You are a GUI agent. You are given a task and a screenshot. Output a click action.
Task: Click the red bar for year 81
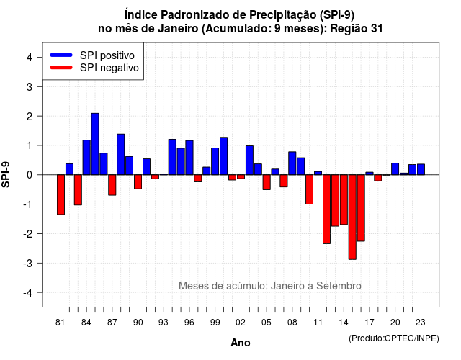click(x=61, y=194)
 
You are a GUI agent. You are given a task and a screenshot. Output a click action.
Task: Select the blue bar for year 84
click(x=86, y=158)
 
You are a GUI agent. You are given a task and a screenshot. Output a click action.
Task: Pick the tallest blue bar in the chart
click(x=95, y=144)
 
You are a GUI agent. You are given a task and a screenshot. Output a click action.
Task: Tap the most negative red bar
click(x=352, y=217)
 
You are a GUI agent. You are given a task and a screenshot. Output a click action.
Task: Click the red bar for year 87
click(x=112, y=185)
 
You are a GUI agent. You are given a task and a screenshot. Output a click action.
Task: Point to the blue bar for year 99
click(x=215, y=161)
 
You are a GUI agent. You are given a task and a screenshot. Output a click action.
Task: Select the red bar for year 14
click(x=344, y=199)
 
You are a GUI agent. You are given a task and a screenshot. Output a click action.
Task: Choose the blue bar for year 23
click(x=421, y=170)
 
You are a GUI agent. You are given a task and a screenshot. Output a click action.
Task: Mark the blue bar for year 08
click(x=292, y=163)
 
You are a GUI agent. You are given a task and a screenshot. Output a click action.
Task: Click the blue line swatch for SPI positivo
click(x=61, y=55)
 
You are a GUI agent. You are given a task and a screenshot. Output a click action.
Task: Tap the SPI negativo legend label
click(x=109, y=68)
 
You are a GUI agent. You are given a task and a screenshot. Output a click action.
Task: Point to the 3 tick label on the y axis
click(x=29, y=86)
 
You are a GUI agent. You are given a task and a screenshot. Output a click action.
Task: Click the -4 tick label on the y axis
click(x=27, y=293)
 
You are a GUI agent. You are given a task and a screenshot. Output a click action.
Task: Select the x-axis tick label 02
click(x=241, y=323)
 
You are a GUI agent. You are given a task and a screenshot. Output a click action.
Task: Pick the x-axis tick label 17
click(x=370, y=323)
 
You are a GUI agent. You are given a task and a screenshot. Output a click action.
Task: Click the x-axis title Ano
click(x=241, y=343)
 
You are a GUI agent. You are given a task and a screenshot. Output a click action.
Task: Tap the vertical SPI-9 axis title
click(x=6, y=174)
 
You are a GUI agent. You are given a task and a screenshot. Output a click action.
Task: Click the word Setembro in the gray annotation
click(x=339, y=286)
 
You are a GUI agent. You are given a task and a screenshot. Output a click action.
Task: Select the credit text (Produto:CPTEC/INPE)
click(x=394, y=338)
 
